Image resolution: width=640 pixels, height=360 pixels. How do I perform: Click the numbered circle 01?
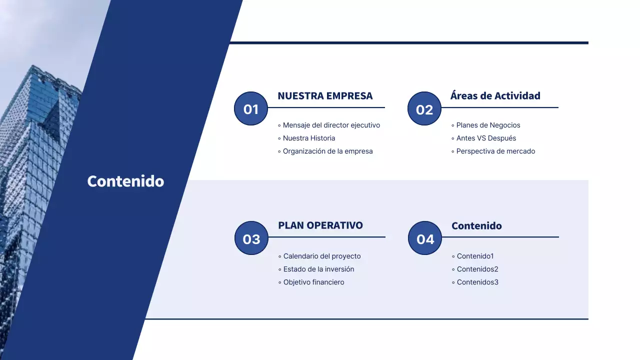251,108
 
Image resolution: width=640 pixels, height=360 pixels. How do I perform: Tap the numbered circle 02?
424,108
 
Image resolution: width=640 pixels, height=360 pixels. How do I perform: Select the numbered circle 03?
251,238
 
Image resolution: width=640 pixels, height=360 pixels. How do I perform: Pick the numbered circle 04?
425,238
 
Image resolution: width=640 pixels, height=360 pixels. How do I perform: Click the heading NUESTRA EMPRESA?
325,96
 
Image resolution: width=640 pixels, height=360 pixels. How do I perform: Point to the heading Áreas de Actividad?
495,96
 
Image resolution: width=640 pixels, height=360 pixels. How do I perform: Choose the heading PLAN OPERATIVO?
320,225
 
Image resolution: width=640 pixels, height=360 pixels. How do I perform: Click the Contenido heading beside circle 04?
476,226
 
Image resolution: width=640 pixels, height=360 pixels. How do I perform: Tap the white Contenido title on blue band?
125,181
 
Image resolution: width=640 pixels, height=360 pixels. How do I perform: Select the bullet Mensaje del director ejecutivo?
331,125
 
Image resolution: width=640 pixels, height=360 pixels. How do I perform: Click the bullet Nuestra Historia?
308,138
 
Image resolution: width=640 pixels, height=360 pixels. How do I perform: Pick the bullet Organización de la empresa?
327,151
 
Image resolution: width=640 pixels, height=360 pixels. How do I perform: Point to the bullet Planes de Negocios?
488,125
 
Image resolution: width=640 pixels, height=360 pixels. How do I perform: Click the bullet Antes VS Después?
486,138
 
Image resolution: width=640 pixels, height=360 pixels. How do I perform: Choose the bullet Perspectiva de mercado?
495,151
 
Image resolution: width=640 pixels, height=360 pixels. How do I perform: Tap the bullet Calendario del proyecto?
321,256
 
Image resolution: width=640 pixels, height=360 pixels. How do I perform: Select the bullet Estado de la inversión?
318,269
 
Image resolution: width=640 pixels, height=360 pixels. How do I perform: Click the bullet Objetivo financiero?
313,282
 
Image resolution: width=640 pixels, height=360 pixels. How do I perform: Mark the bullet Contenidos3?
477,282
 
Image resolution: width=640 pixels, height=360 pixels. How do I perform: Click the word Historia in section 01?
322,138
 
